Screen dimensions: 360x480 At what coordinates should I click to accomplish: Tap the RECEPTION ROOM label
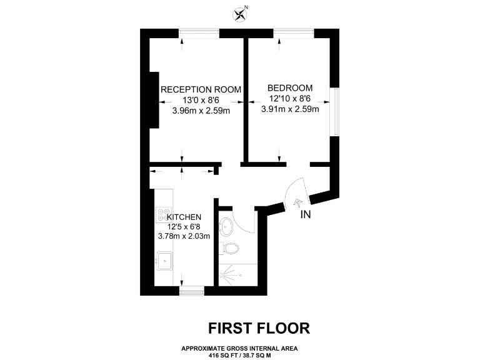tap(201, 89)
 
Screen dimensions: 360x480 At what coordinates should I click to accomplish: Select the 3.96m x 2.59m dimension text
tap(201, 111)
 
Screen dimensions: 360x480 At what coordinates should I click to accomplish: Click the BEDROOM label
tap(290, 87)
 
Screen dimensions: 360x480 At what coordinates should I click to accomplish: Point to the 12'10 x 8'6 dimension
tap(290, 98)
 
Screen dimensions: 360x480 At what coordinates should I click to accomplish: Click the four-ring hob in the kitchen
tap(164, 214)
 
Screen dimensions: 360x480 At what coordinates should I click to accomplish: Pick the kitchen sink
tap(165, 260)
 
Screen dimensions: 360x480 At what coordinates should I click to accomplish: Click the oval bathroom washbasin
tap(227, 226)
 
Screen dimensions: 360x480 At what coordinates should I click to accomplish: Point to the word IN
tap(306, 216)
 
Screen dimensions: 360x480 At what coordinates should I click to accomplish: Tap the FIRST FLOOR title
tap(258, 327)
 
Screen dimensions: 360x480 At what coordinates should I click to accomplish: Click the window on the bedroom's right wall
tap(336, 112)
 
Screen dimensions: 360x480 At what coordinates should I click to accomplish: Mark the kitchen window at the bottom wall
tap(191, 289)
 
